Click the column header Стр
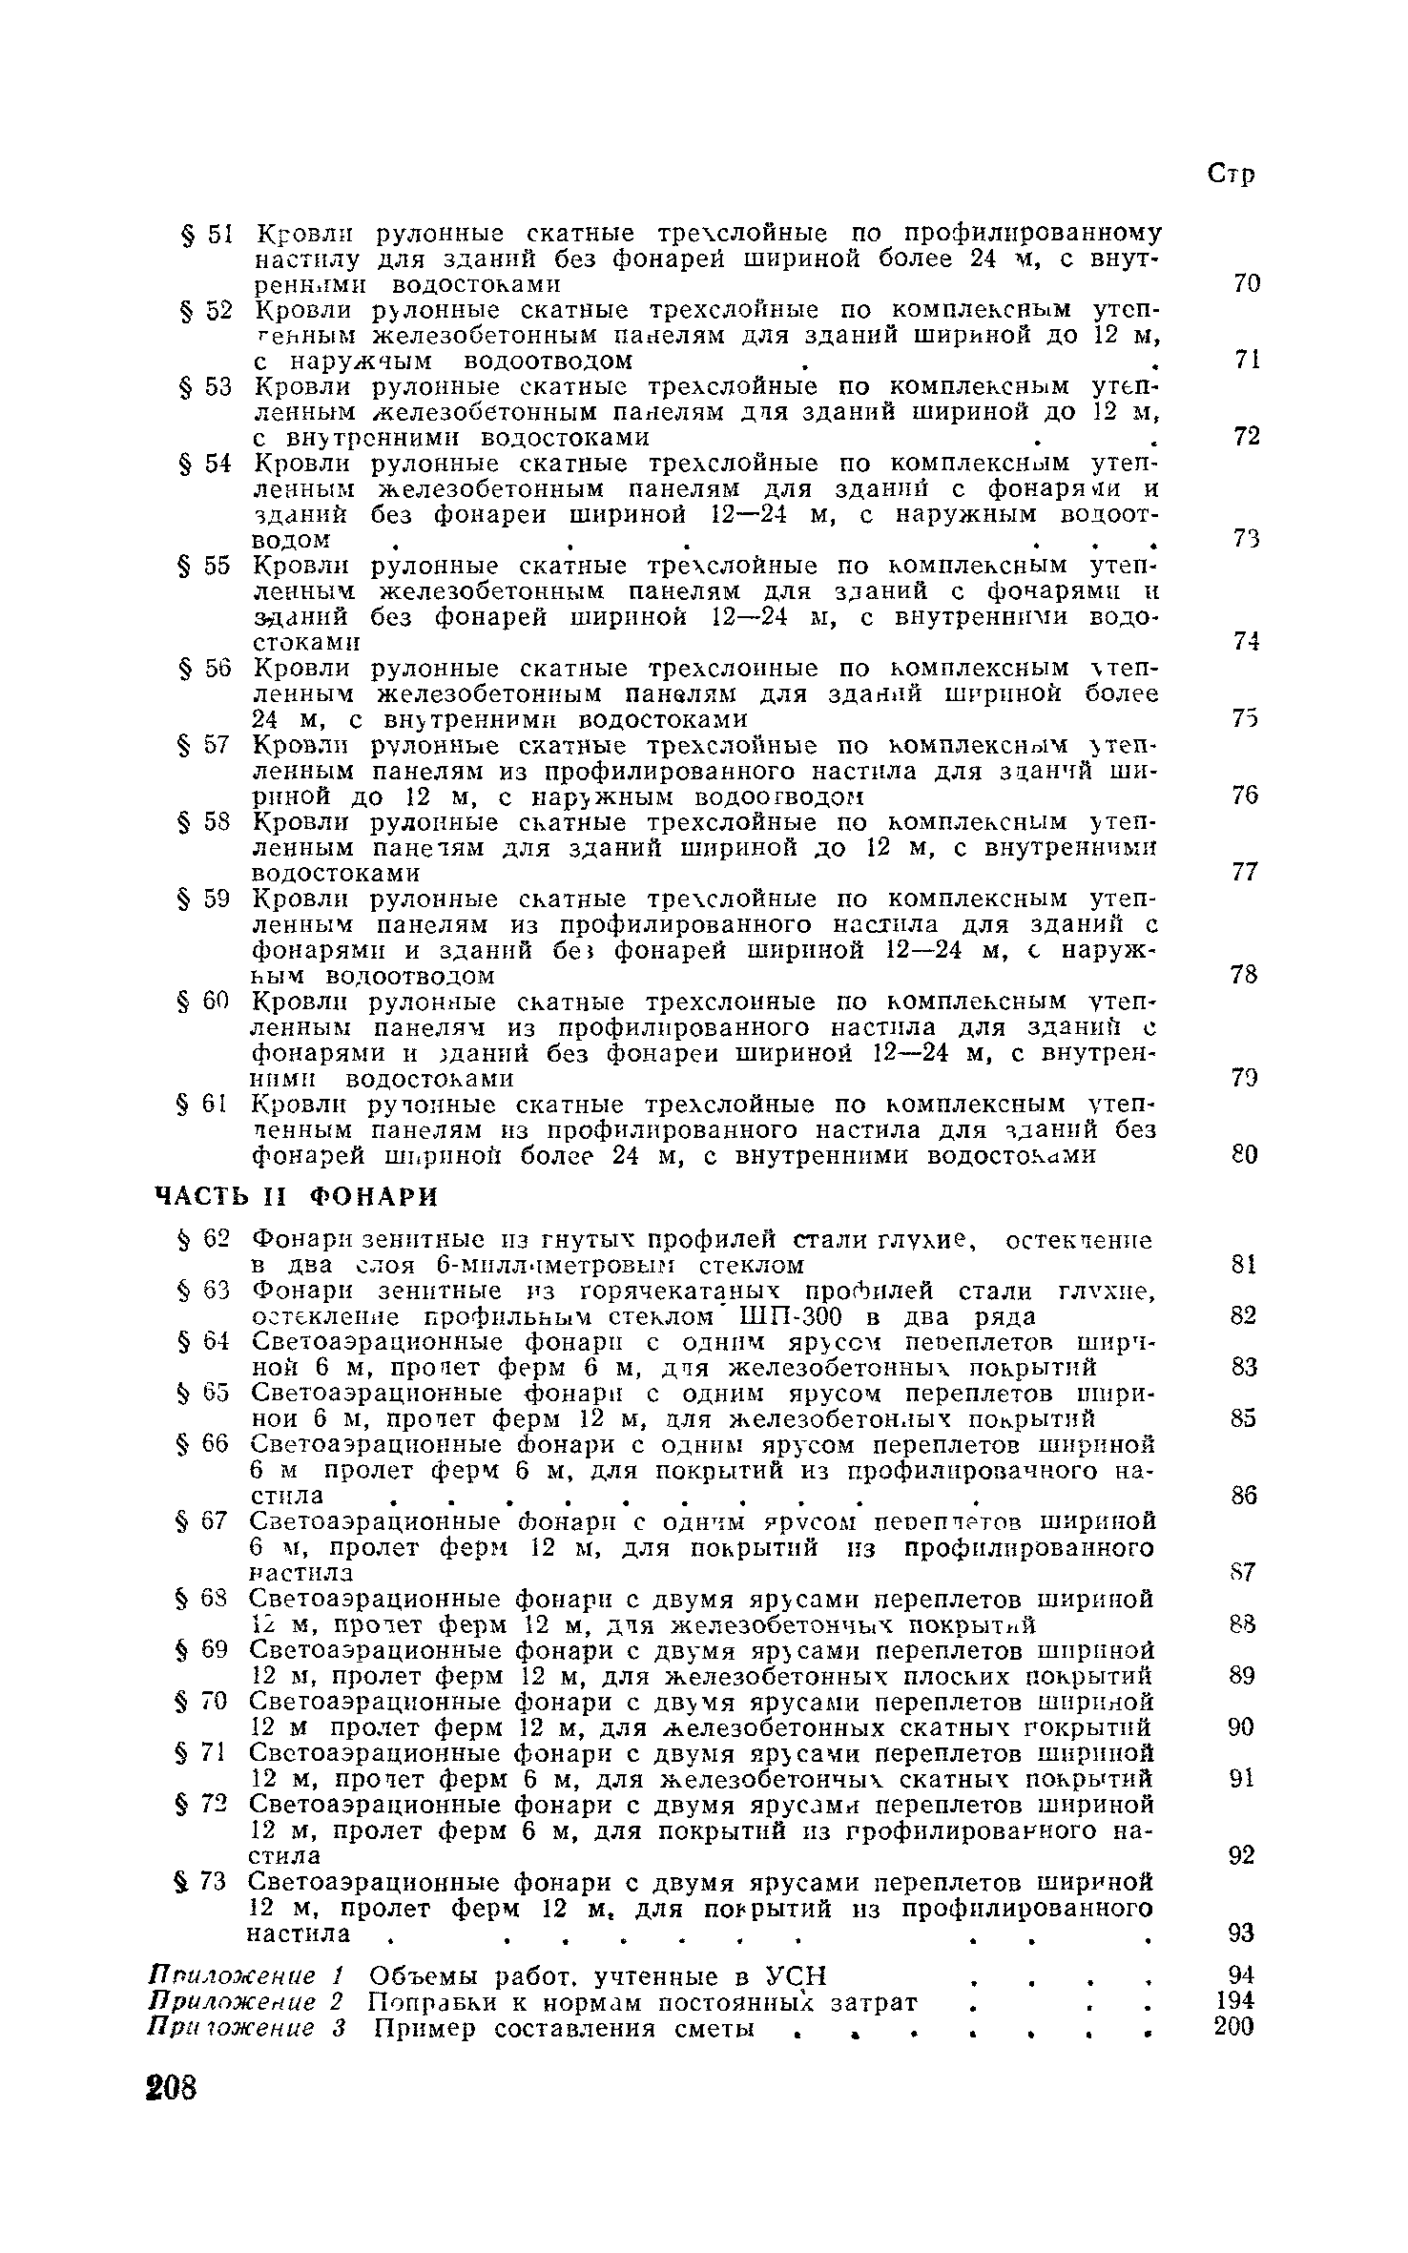click(1231, 175)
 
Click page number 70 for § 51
click(1247, 283)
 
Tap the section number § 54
click(204, 464)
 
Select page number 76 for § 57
click(1246, 796)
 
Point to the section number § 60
click(204, 1002)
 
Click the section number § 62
click(204, 1240)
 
